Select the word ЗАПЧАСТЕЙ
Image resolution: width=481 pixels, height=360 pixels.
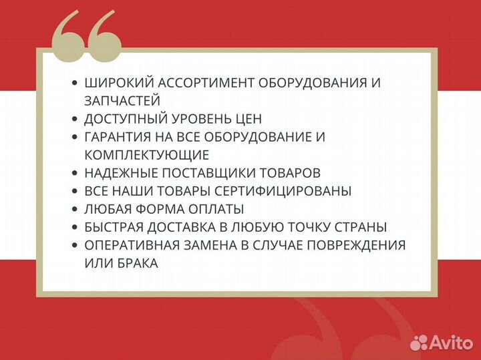point(122,101)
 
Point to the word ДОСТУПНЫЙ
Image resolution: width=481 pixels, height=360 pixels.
point(123,119)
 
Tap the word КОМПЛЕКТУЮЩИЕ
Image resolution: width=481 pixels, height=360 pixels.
point(146,155)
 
